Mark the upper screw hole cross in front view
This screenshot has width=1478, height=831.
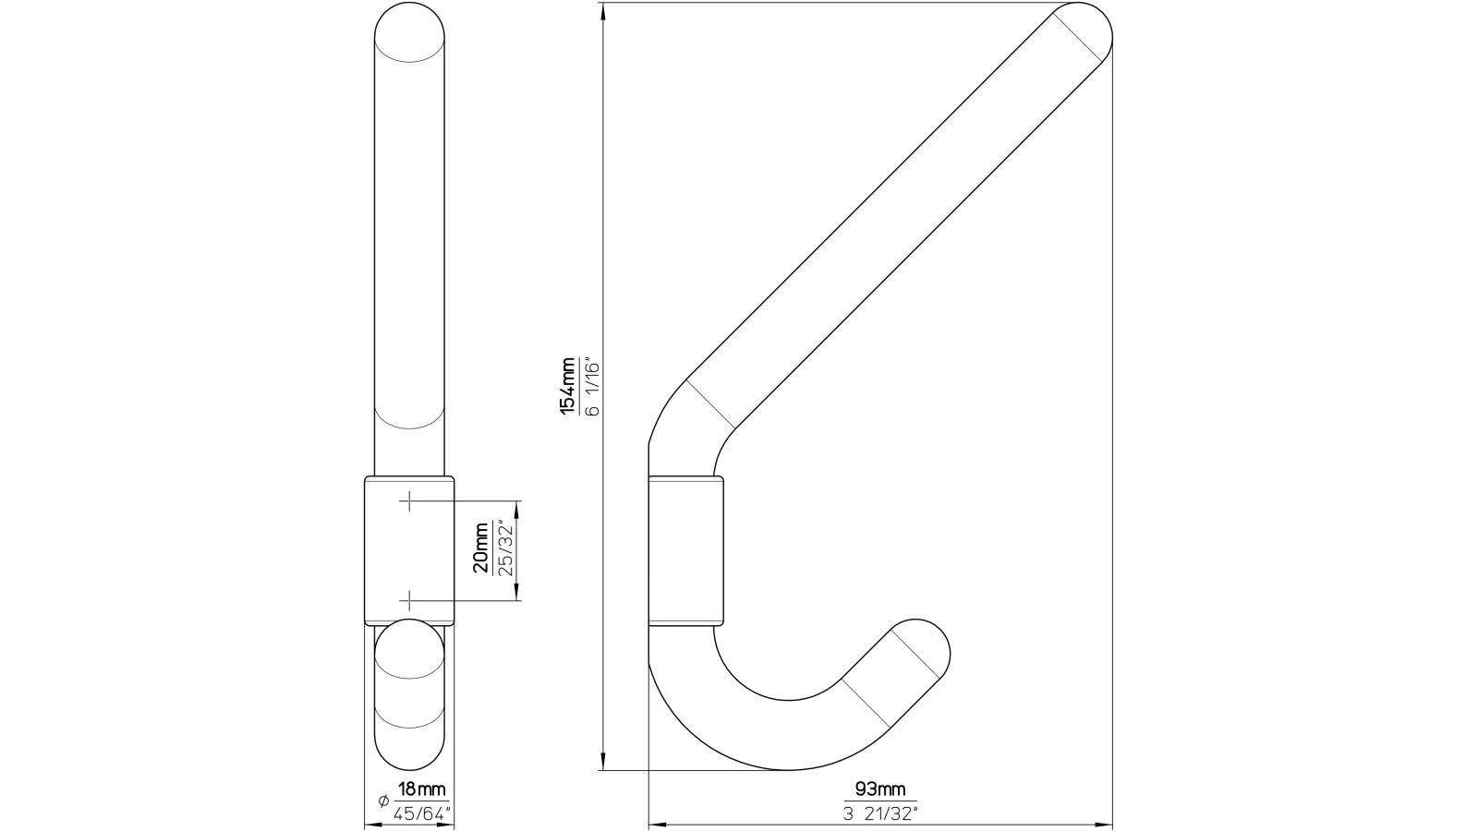[x=408, y=501]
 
